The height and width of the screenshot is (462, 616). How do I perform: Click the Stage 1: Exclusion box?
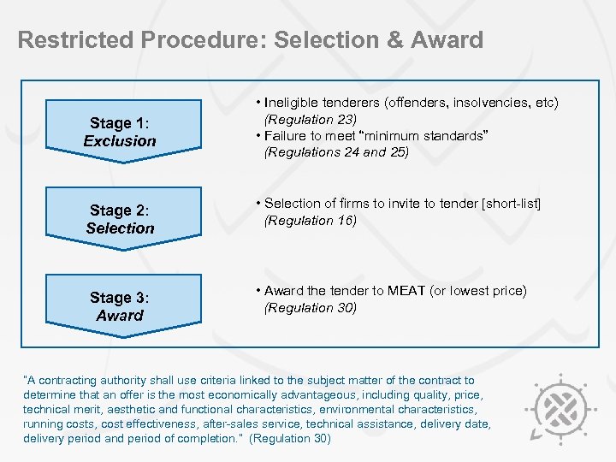(120, 133)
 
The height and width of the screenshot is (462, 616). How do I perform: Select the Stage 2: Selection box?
(120, 220)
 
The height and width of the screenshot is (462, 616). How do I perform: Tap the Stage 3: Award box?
(120, 307)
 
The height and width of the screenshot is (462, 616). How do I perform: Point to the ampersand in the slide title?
(392, 40)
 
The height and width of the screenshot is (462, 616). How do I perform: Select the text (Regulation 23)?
(311, 119)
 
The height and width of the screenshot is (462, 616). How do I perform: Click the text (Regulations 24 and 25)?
(337, 153)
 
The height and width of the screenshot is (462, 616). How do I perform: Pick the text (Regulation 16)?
(311, 221)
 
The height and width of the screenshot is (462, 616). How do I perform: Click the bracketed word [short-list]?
(511, 203)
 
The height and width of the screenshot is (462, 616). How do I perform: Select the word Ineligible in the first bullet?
(296, 103)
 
